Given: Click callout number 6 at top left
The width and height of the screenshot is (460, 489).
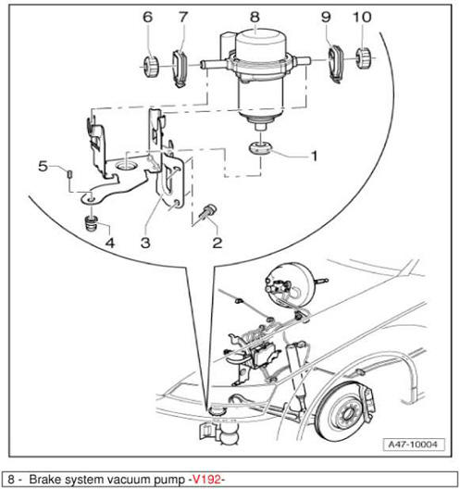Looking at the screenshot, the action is point(148,17).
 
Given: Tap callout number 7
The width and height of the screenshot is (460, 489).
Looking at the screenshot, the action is point(183,17).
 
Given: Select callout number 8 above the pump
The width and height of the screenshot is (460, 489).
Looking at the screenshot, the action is point(255,17).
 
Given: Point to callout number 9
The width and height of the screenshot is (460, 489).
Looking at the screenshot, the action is point(326,17).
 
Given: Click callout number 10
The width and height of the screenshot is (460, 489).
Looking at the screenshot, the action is point(362,17).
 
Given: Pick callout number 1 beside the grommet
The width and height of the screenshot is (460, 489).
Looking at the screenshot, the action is point(315,156).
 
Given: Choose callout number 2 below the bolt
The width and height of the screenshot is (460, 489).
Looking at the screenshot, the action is point(218,243).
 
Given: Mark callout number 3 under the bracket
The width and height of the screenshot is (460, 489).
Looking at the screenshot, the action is point(145,243).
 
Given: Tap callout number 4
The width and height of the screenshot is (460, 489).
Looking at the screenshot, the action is point(110,243).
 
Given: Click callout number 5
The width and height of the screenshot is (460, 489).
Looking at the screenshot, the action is point(43,166).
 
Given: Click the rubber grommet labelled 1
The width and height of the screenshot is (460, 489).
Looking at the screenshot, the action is point(261,148).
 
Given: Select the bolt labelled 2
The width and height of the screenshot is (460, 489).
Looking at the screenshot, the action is point(208,212).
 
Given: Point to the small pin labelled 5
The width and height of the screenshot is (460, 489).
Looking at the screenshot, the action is point(69,173).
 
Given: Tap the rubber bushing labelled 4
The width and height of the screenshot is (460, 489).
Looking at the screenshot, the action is point(92,223).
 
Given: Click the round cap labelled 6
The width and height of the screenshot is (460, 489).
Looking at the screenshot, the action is point(151,66).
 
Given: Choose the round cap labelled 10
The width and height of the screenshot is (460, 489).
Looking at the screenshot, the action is point(363,58).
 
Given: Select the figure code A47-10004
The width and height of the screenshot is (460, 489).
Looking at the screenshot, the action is point(413,445).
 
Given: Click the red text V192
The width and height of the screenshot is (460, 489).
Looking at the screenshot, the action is point(207,479).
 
